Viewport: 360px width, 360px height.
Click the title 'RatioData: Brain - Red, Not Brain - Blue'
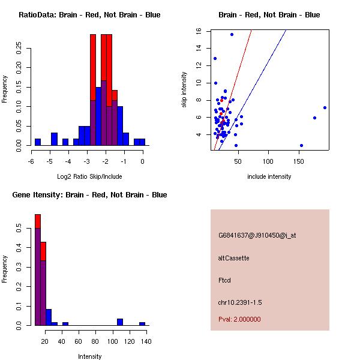click(x=89, y=14)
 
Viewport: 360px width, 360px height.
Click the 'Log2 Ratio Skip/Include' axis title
click(x=89, y=176)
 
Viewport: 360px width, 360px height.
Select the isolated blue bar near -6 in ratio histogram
click(x=38, y=142)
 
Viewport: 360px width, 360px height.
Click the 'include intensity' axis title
click(x=269, y=176)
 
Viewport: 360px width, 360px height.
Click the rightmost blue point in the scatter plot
click(x=325, y=108)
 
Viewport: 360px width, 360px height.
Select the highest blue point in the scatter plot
click(x=232, y=34)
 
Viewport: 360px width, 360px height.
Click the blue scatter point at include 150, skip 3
click(x=301, y=145)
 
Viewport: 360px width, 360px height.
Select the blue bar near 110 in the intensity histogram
click(x=120, y=322)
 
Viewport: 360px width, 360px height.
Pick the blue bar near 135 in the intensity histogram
click(x=142, y=323)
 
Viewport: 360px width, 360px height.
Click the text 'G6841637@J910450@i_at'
click(x=257, y=235)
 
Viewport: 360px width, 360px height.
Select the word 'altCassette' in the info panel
click(x=233, y=258)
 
